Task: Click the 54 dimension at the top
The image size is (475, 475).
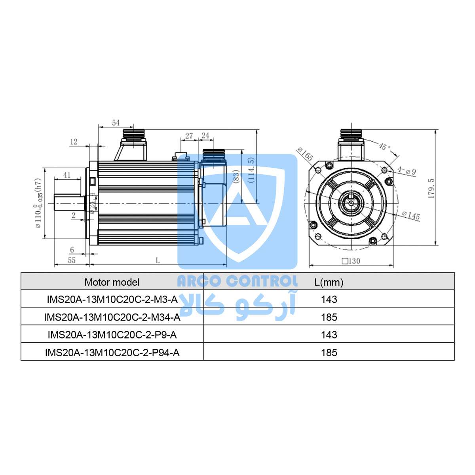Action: click(116, 123)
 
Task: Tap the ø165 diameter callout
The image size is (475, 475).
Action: click(305, 154)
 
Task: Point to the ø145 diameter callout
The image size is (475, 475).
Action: click(410, 216)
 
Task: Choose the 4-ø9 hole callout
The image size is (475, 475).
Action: click(407, 171)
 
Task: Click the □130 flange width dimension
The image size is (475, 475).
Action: click(351, 261)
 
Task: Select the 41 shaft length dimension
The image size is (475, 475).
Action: click(66, 175)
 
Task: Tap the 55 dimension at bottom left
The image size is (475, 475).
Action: click(71, 260)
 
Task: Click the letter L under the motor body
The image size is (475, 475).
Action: click(158, 260)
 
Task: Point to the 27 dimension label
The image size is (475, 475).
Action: click(189, 136)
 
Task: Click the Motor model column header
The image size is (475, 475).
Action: click(112, 282)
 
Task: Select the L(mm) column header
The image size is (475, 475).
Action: click(329, 282)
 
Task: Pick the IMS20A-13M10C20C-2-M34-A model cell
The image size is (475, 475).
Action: click(112, 317)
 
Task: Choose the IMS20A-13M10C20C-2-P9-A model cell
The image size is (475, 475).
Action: click(112, 335)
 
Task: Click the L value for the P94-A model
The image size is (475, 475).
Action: click(329, 352)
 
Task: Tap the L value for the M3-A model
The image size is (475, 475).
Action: click(329, 299)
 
